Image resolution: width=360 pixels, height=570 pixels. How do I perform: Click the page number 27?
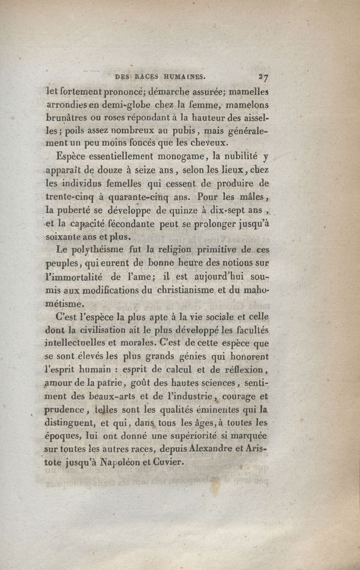[x=263, y=77]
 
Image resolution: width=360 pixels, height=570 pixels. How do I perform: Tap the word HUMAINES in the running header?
[x=181, y=77]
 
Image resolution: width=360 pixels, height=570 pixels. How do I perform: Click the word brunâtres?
[x=69, y=118]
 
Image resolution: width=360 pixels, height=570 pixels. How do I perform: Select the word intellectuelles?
[x=82, y=343]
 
